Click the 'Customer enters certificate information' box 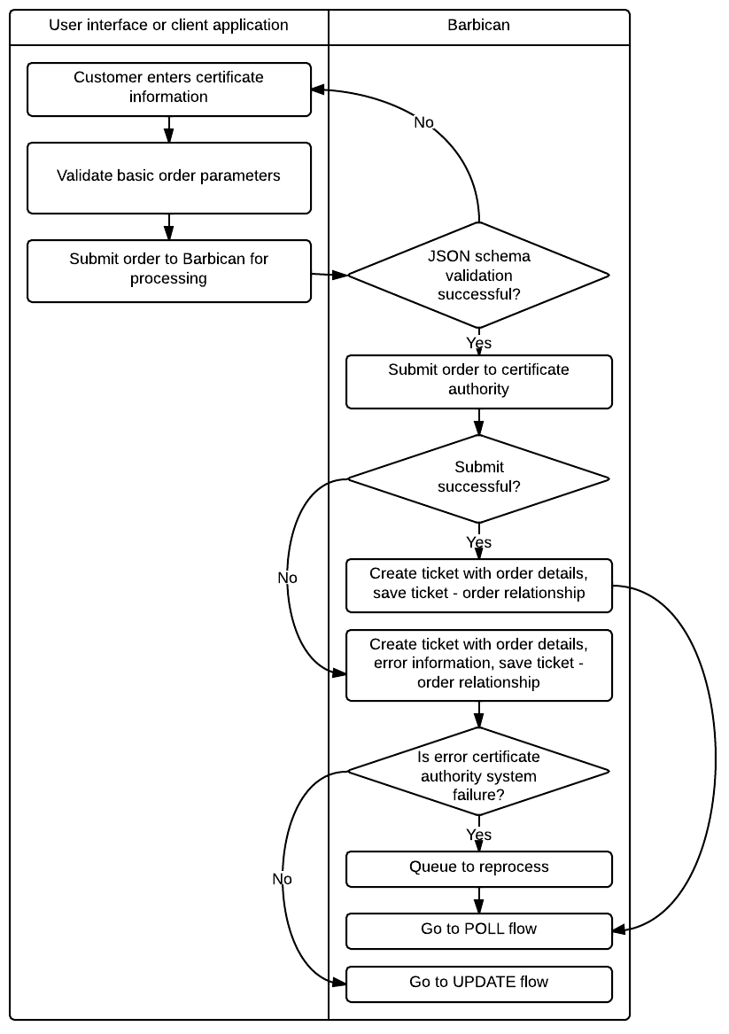point(168,89)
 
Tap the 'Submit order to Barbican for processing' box point(168,270)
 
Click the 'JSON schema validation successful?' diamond point(478,276)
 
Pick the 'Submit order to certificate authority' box point(478,381)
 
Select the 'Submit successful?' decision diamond point(478,478)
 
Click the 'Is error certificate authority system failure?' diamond point(478,772)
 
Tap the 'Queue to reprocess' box point(478,868)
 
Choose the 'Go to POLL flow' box point(478,930)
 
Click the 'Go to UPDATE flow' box point(478,983)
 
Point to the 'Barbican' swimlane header point(478,25)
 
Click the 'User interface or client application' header point(168,25)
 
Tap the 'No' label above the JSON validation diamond point(424,122)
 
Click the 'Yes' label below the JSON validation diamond point(478,342)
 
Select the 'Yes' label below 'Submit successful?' point(478,541)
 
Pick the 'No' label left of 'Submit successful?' point(287,578)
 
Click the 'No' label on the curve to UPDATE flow point(282,879)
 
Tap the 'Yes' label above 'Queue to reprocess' point(478,835)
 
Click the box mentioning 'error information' point(478,665)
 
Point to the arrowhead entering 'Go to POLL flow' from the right point(618,929)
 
